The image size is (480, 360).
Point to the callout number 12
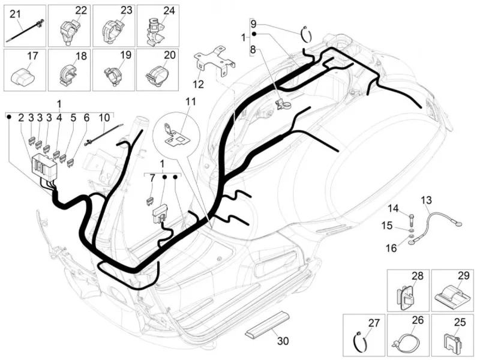point(199,84)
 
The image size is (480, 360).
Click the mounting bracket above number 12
point(215,61)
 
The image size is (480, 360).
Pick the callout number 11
point(191,101)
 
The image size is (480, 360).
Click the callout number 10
point(104,118)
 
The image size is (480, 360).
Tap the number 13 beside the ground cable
point(426,200)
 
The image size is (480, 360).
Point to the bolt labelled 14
point(410,220)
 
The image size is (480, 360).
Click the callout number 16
point(391,248)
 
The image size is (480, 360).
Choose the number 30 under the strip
point(283,341)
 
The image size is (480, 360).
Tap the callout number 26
point(418,320)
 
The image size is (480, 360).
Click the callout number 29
point(463,275)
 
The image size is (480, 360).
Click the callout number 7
point(152,178)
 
